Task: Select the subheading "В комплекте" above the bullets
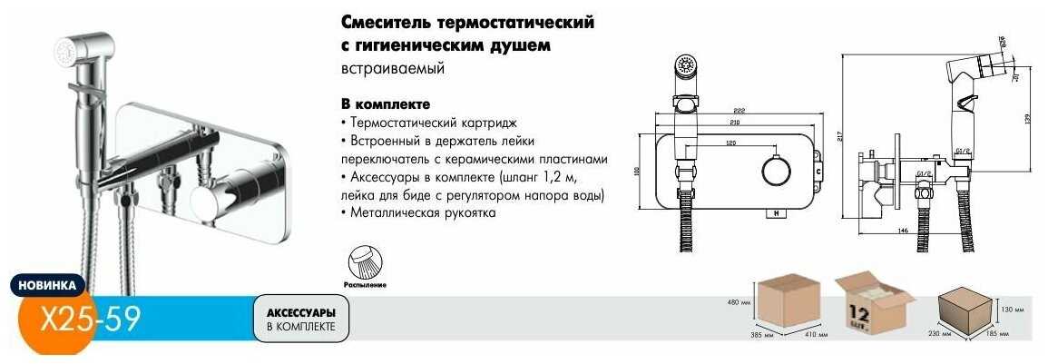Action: click(x=385, y=103)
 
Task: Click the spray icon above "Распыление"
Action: click(x=366, y=263)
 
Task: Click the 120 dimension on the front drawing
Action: click(x=730, y=143)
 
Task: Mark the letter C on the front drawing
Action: click(x=818, y=170)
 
